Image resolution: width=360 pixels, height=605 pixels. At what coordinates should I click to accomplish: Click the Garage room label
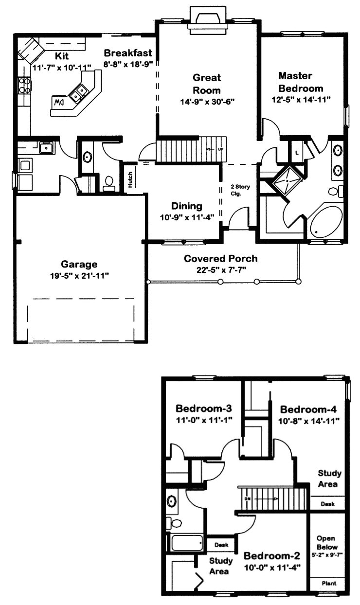point(79,265)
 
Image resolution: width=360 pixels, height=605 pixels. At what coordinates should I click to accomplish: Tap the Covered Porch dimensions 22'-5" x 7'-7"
point(221,268)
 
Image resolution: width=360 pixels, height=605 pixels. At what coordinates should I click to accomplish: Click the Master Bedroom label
point(301,82)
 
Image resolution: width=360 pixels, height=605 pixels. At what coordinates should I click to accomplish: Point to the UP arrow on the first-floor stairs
point(214,148)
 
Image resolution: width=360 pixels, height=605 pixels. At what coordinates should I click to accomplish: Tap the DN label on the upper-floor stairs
point(248,499)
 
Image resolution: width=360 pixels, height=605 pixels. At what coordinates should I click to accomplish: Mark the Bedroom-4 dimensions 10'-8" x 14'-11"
point(309,420)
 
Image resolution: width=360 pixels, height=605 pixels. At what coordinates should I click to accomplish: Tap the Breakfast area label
point(128,53)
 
